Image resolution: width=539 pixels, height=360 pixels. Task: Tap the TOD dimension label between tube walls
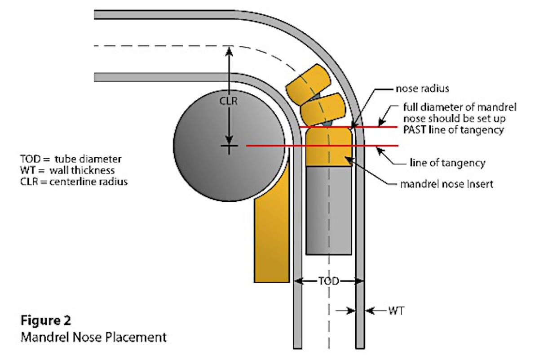click(328, 281)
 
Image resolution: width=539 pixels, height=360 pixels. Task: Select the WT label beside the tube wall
click(397, 310)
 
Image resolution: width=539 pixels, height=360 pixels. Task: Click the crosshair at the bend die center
click(230, 146)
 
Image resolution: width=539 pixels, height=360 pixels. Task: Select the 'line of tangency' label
click(447, 163)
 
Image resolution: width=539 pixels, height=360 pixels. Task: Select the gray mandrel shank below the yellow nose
click(328, 209)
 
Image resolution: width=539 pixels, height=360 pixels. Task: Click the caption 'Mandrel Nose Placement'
click(93, 336)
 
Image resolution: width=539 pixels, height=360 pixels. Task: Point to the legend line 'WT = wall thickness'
click(67, 171)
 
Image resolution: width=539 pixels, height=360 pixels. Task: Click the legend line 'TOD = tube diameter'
click(71, 160)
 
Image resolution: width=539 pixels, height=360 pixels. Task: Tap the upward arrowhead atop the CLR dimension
click(230, 50)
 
